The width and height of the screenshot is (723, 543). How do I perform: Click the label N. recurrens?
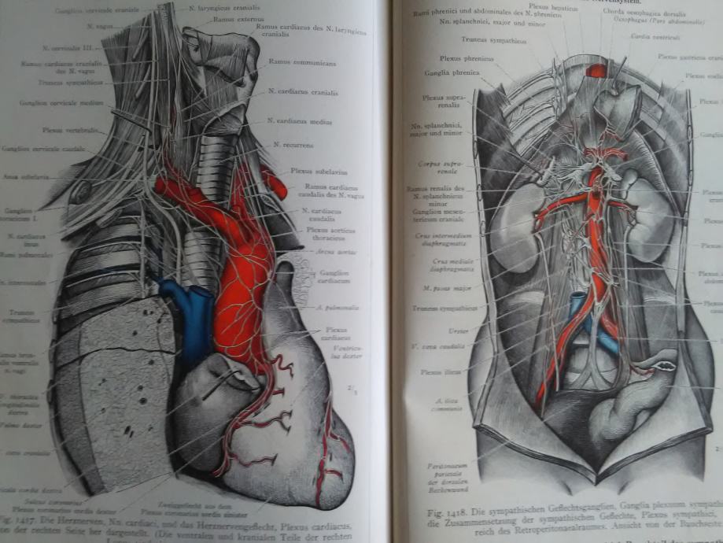coord(293,145)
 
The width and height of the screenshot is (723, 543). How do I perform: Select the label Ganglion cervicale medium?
coord(51,102)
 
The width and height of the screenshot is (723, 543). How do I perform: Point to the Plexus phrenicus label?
coord(459,57)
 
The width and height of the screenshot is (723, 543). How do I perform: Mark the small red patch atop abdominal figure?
coord(598,71)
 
